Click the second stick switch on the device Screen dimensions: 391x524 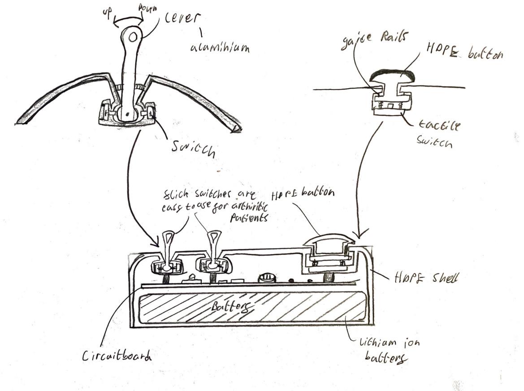coord(213,251)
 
